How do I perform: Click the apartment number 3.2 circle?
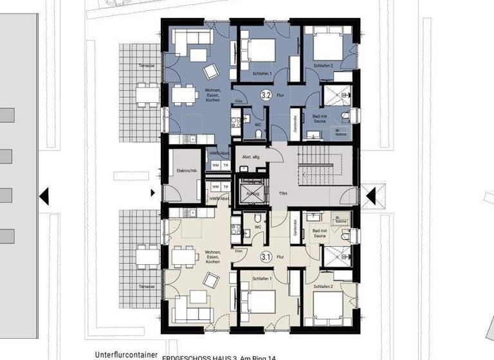pyautogui.click(x=265, y=94)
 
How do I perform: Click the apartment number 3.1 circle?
pyautogui.click(x=265, y=257)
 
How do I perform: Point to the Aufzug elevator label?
pyautogui.click(x=252, y=193)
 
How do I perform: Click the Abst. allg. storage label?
pyautogui.click(x=251, y=156)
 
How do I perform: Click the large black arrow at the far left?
pyautogui.click(x=44, y=195)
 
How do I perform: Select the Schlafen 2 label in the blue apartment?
pyautogui.click(x=324, y=66)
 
